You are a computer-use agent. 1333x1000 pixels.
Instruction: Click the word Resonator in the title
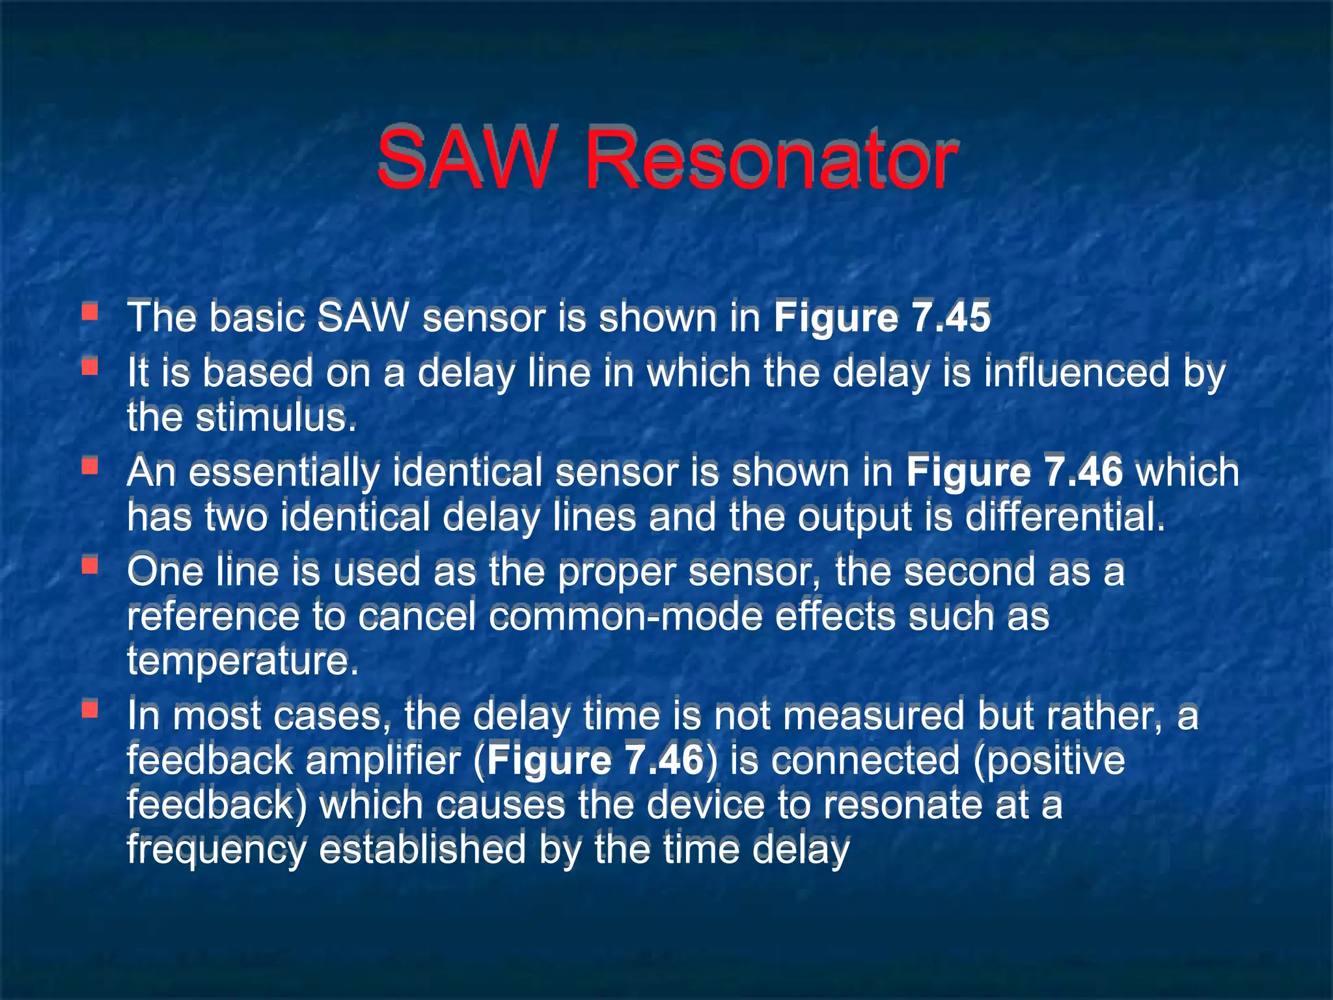(771, 160)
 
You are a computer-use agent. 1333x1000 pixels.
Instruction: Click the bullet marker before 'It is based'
(90, 368)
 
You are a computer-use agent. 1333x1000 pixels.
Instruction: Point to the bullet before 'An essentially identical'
(90, 466)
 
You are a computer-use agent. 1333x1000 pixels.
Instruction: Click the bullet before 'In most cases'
(90, 709)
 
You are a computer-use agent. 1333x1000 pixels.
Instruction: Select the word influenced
(1077, 373)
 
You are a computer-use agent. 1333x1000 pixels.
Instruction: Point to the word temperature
(242, 661)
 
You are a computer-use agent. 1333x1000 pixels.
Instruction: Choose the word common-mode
(625, 616)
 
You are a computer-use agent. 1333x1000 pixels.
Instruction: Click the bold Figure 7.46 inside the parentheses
(596, 760)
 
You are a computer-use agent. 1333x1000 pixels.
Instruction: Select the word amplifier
(383, 760)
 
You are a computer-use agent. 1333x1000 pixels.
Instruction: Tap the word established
(422, 850)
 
